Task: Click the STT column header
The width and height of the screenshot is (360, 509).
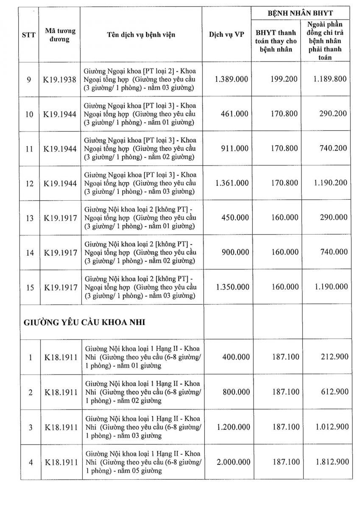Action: pyautogui.click(x=28, y=36)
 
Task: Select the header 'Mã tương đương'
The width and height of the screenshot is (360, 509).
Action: pyautogui.click(x=60, y=36)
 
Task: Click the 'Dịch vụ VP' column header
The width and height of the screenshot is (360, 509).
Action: pyautogui.click(x=226, y=36)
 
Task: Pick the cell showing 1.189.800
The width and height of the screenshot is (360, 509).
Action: pyautogui.click(x=331, y=79)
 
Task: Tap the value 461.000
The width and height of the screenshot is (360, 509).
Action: pyautogui.click(x=235, y=114)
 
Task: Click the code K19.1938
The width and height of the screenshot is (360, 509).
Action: pyautogui.click(x=61, y=79)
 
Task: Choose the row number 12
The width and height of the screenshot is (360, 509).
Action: pyautogui.click(x=30, y=183)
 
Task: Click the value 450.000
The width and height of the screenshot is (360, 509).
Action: pyautogui.click(x=235, y=218)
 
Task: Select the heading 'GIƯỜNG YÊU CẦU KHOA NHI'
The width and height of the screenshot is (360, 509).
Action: pyautogui.click(x=84, y=322)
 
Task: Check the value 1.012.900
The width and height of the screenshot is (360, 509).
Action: pyautogui.click(x=331, y=427)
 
